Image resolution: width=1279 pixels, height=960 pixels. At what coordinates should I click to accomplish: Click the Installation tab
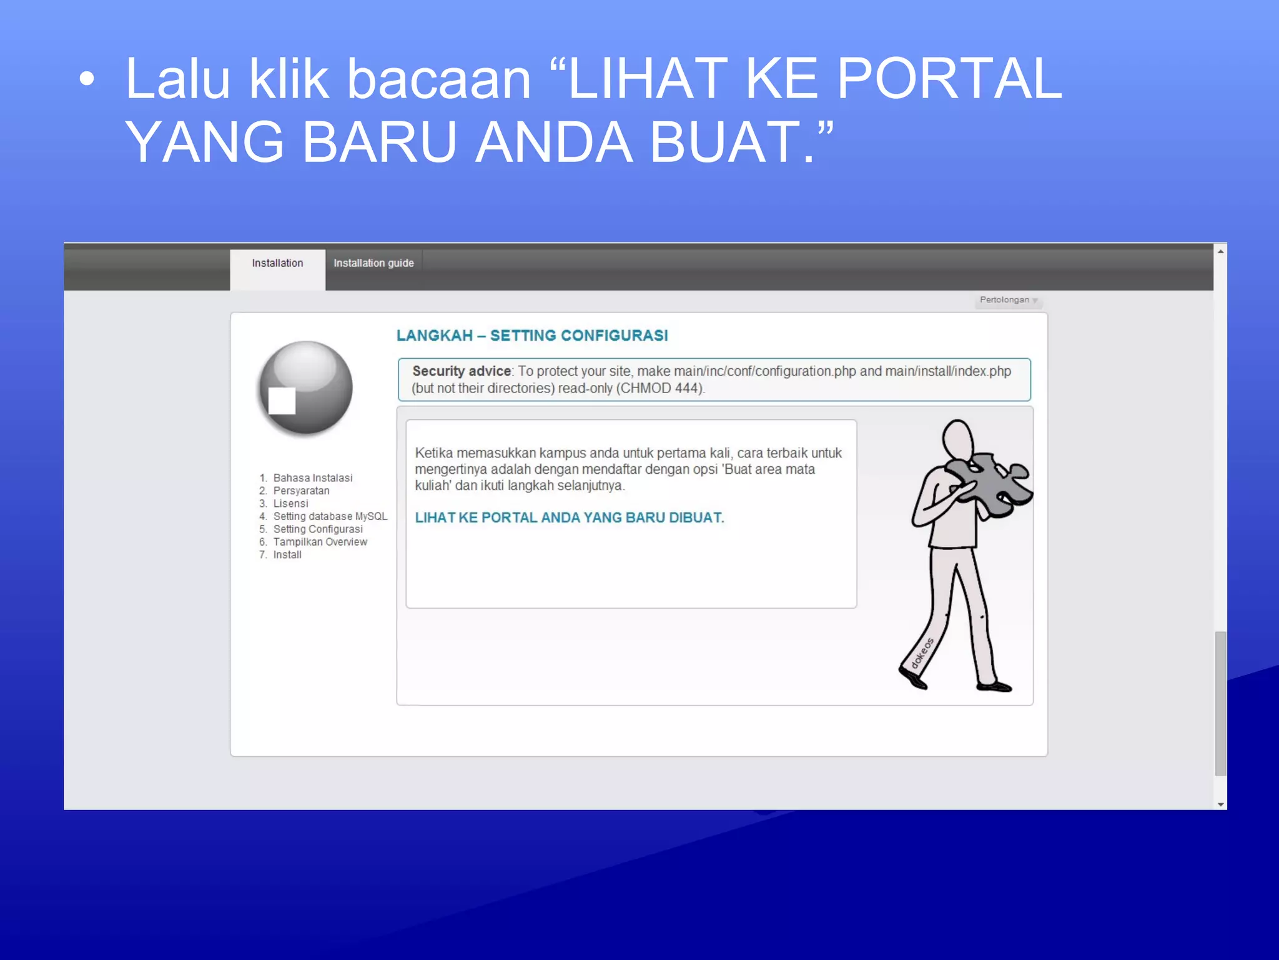click(x=277, y=264)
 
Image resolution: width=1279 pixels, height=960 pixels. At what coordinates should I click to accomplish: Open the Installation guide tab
click(x=373, y=264)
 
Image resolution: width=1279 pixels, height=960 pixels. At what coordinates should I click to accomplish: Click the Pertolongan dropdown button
click(x=1007, y=300)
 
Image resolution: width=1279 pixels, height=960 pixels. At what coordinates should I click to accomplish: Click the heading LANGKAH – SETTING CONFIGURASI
click(x=532, y=336)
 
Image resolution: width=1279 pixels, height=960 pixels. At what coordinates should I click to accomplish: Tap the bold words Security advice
click(x=462, y=371)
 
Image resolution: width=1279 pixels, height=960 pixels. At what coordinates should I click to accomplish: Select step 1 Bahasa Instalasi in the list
click(x=312, y=478)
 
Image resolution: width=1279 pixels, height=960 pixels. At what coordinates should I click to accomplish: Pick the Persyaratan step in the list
click(x=301, y=491)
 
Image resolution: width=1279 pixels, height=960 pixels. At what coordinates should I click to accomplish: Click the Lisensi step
click(x=290, y=504)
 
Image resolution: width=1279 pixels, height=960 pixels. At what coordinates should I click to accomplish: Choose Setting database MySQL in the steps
click(x=330, y=516)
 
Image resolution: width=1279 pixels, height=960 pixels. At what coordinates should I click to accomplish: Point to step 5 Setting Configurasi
click(x=317, y=529)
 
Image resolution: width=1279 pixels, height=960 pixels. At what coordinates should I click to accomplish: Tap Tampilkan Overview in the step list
click(x=320, y=542)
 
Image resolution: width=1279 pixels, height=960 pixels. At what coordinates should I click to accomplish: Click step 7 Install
click(x=287, y=555)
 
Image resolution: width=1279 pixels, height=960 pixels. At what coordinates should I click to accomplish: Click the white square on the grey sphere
click(x=282, y=401)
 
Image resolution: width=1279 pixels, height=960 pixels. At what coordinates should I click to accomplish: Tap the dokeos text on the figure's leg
click(x=922, y=652)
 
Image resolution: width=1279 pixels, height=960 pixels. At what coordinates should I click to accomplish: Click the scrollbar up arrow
click(x=1220, y=251)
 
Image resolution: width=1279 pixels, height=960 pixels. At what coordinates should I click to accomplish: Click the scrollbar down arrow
click(x=1220, y=804)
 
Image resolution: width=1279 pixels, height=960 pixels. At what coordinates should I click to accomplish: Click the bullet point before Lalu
click(x=87, y=79)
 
